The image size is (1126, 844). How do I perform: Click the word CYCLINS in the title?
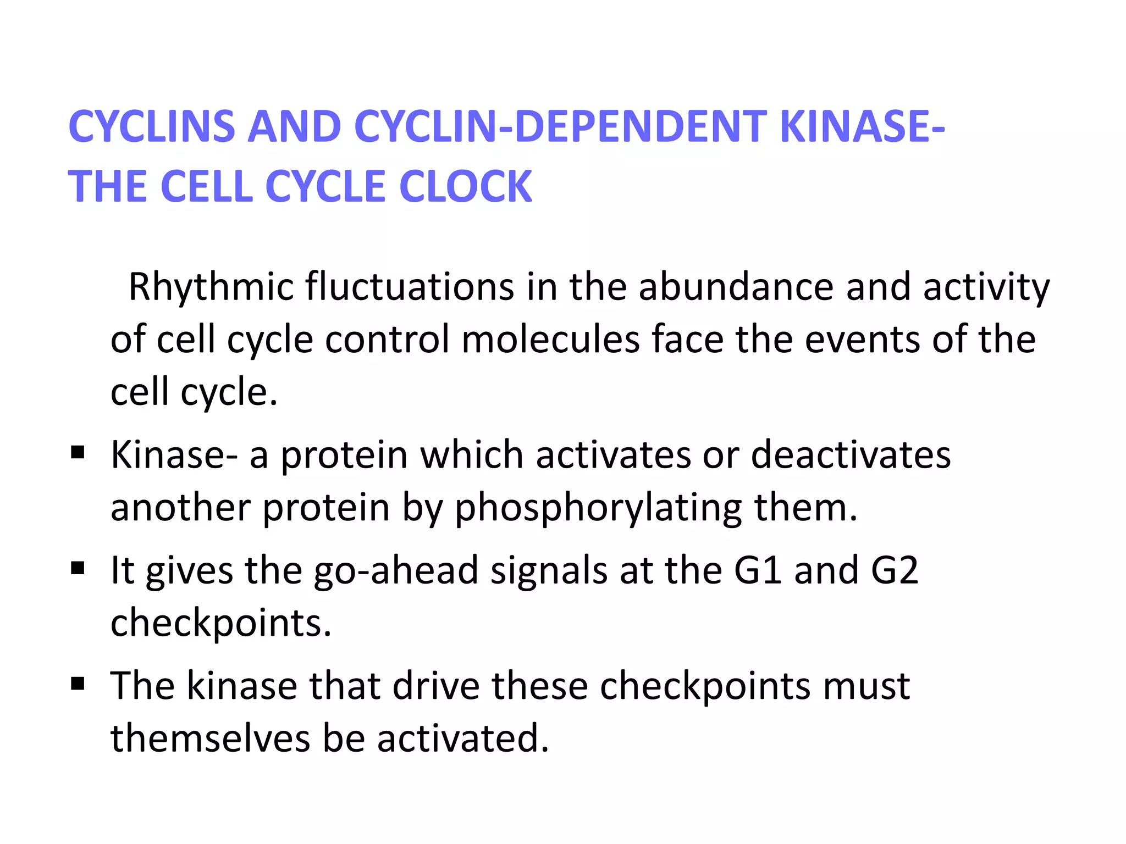coord(151,126)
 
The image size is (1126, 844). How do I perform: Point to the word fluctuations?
coord(409,287)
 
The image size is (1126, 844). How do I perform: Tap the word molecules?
coord(550,339)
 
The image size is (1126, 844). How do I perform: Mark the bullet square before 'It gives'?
coord(78,568)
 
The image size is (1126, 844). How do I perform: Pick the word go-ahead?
coord(395,571)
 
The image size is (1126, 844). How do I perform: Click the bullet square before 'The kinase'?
coord(78,684)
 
